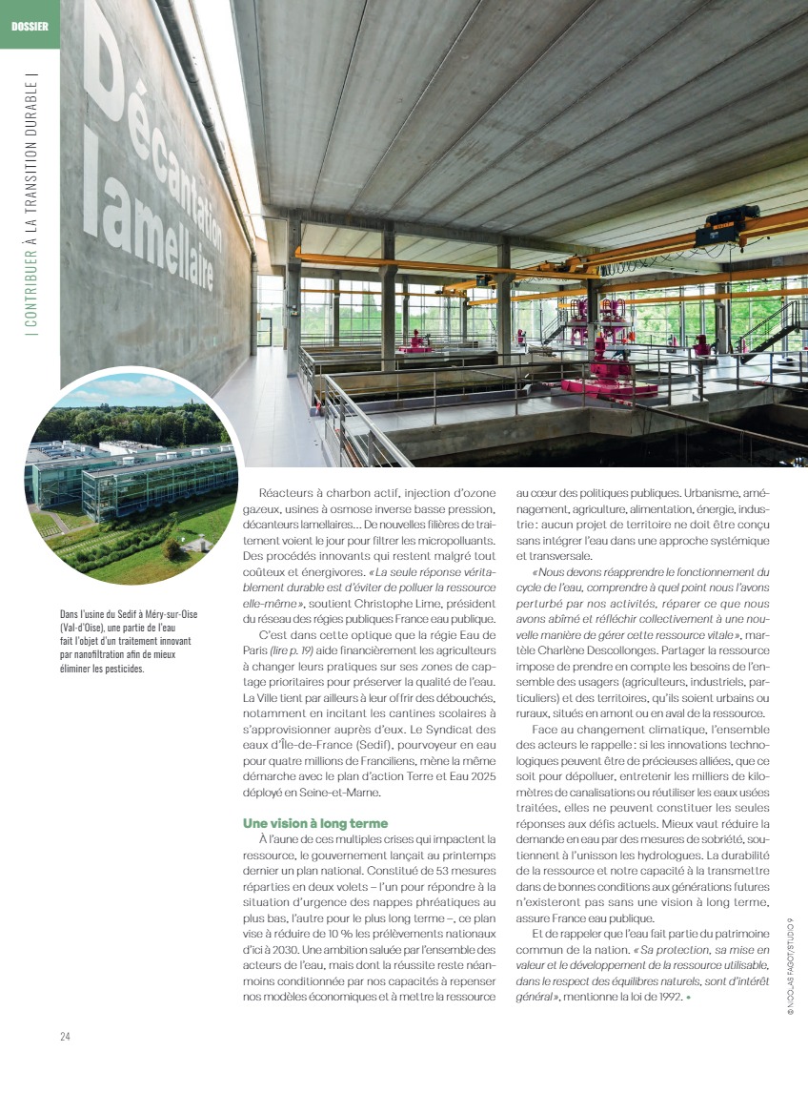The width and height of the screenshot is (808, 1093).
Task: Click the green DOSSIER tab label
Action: point(30,25)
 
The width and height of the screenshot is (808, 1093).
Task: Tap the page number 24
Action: point(66,1036)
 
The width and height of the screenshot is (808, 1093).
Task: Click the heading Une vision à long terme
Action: point(314,823)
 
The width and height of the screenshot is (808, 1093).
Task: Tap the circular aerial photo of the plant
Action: point(131,477)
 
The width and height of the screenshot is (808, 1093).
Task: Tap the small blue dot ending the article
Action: point(688,998)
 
